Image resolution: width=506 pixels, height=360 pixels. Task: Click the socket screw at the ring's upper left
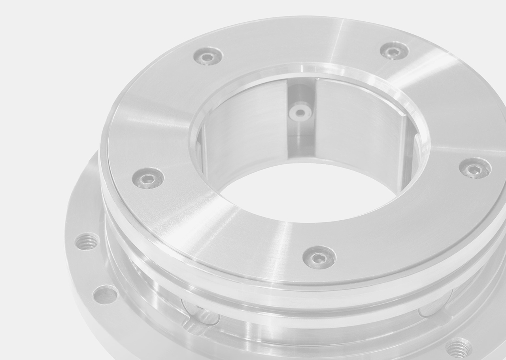tap(208, 56)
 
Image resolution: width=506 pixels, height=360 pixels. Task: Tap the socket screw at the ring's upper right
tap(394, 51)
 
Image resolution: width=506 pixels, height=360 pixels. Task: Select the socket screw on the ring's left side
tap(148, 178)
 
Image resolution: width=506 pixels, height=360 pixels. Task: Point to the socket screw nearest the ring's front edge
tap(319, 258)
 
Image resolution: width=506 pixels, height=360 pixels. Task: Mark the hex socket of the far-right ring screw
tap(475, 169)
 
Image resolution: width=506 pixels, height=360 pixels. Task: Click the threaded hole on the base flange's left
tap(87, 241)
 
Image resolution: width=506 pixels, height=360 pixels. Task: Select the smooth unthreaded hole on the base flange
tap(105, 295)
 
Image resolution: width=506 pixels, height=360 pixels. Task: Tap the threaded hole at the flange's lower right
tap(459, 348)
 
